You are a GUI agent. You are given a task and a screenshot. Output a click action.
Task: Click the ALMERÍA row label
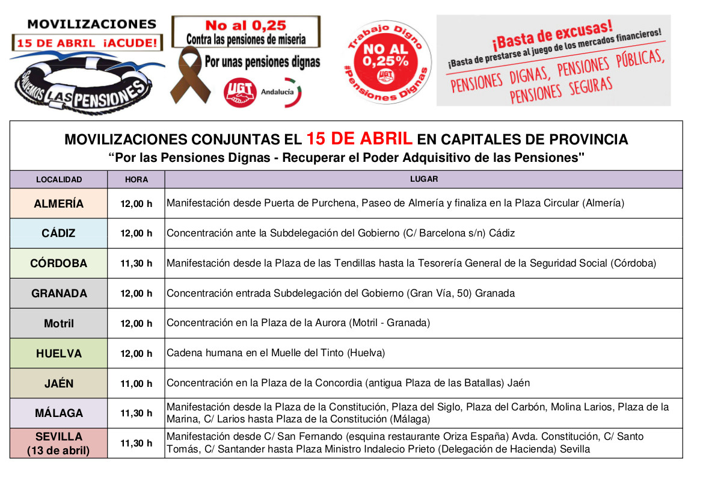(58, 203)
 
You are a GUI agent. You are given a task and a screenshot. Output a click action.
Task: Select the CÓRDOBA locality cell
(58, 264)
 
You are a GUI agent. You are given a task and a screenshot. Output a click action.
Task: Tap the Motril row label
(58, 324)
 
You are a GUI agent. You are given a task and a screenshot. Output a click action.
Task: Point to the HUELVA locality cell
(58, 353)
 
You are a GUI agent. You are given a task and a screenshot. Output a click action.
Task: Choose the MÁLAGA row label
(58, 413)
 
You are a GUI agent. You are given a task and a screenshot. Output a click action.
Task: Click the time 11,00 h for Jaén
(137, 383)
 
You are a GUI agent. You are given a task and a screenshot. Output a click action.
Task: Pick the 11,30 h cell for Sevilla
(137, 443)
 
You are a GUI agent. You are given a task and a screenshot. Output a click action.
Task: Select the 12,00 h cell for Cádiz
(137, 233)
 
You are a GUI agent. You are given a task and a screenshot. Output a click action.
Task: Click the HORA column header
(137, 179)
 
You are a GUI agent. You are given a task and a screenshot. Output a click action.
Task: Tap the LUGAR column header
(424, 179)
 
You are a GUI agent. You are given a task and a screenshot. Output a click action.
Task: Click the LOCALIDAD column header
(58, 179)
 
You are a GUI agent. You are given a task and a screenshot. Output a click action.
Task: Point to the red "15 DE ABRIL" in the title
(359, 139)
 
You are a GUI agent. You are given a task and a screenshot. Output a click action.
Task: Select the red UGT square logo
(240, 93)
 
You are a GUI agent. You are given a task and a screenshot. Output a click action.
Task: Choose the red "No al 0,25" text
(246, 26)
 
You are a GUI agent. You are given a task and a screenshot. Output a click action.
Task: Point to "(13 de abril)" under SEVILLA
(58, 450)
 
